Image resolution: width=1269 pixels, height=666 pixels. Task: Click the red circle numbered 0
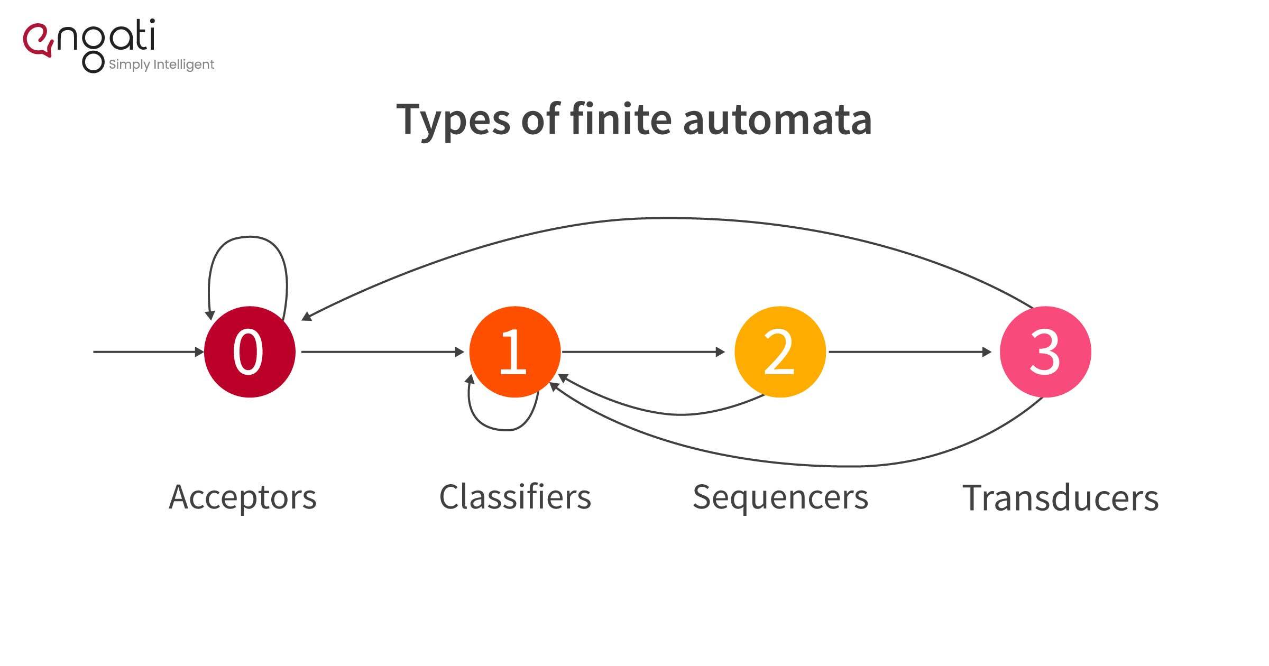tap(250, 352)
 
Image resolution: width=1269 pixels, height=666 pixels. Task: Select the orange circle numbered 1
tap(514, 352)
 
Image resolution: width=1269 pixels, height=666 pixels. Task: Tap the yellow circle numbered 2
tap(780, 352)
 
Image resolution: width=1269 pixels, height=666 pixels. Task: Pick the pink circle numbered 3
tap(1045, 352)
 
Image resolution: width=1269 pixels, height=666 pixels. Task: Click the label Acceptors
tap(242, 497)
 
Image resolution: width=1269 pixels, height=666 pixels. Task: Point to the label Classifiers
tap(515, 497)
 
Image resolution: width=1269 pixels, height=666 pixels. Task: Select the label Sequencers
tap(780, 497)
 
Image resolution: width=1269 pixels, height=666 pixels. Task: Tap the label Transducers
tap(1060, 498)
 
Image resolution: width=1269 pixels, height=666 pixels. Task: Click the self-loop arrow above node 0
tap(249, 237)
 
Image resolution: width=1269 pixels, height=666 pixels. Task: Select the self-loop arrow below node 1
tap(505, 430)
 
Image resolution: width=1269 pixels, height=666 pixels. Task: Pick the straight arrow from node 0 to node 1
tap(381, 351)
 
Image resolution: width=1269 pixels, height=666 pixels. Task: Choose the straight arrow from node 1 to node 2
tap(642, 351)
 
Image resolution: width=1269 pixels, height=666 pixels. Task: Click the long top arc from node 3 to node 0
tap(669, 218)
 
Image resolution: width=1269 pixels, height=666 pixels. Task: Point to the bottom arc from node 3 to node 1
tap(846, 466)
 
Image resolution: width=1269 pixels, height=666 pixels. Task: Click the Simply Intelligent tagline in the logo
tap(161, 64)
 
